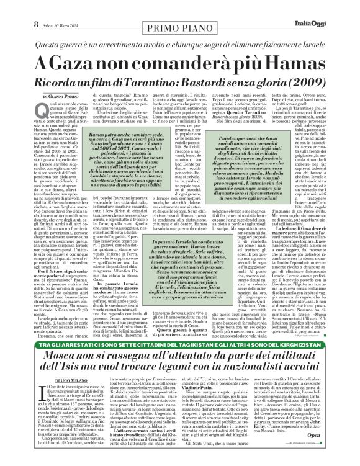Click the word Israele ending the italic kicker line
coord(308,27)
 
